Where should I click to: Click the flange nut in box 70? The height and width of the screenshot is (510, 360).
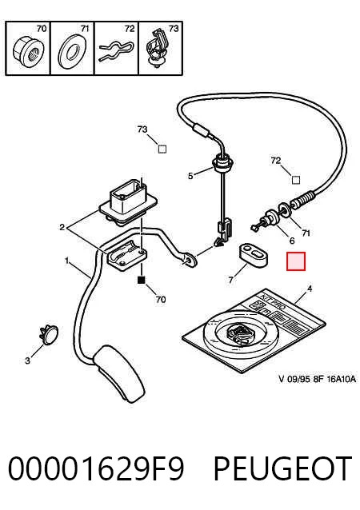pos(27,53)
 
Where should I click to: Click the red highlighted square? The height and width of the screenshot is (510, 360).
pos(296,261)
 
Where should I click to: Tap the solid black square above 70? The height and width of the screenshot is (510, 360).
pos(142,280)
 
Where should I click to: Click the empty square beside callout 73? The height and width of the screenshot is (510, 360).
pos(162,149)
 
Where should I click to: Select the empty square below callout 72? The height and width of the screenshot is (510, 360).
pos(296,180)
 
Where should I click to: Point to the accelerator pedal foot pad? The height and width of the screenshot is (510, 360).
pos(120,374)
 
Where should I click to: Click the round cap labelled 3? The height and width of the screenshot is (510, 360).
pos(49,334)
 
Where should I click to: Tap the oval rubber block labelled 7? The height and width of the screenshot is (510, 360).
pos(254,255)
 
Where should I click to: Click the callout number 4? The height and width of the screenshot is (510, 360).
pos(310,289)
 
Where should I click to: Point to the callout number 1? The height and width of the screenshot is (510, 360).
pos(66,261)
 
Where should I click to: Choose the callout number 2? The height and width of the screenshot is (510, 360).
pos(62,227)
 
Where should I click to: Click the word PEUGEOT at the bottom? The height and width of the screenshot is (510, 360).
pos(283,468)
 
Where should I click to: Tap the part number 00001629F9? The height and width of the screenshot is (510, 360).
pos(96,468)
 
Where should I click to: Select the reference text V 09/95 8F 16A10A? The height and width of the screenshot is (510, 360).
pos(317,379)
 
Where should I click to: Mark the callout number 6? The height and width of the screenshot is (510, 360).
pos(292,241)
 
